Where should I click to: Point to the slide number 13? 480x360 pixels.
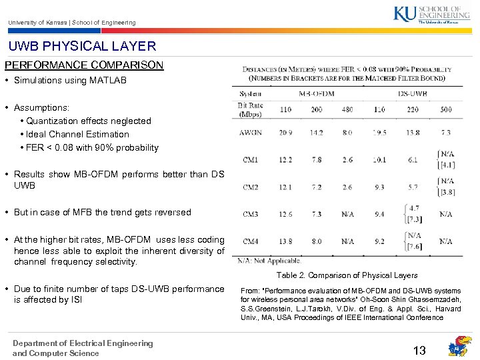coord(419,350)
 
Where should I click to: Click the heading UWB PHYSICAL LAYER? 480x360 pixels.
coord(82,46)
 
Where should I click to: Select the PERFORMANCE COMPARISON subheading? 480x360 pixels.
coord(84,65)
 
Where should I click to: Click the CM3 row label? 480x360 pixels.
coord(250,214)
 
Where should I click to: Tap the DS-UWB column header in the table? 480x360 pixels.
coord(412,93)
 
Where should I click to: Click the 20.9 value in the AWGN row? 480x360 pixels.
coord(285,133)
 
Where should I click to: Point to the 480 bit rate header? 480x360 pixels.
coord(347,109)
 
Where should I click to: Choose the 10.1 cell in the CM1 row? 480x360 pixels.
coord(379,160)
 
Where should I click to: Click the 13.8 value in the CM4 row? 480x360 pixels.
coord(285,241)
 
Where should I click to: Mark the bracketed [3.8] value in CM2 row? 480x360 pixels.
coord(447,192)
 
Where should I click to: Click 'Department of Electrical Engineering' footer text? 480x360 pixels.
coord(82,343)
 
